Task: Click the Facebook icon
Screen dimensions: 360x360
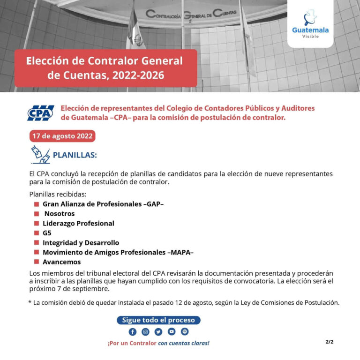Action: tap(133, 331)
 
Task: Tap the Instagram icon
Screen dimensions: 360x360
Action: tap(146, 331)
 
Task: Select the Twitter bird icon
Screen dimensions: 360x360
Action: tap(158, 331)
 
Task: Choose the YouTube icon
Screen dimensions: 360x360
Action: tap(172, 331)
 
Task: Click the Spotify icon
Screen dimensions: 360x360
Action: tap(185, 331)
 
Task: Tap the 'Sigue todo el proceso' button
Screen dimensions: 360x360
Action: tap(158, 320)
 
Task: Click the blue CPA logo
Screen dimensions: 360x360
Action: tap(40, 113)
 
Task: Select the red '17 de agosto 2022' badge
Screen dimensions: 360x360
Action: tap(62, 136)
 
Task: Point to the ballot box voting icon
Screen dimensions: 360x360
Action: tap(40, 155)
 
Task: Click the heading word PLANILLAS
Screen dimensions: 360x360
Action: tap(75, 155)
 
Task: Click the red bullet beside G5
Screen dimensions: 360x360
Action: tap(36, 233)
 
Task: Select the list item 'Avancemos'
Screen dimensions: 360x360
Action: tap(61, 262)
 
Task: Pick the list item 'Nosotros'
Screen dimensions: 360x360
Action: tap(60, 214)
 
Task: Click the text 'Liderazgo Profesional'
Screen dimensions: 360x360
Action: tap(78, 223)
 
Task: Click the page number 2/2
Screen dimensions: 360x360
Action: tap(330, 342)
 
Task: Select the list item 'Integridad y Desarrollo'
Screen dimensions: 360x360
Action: tap(81, 243)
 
